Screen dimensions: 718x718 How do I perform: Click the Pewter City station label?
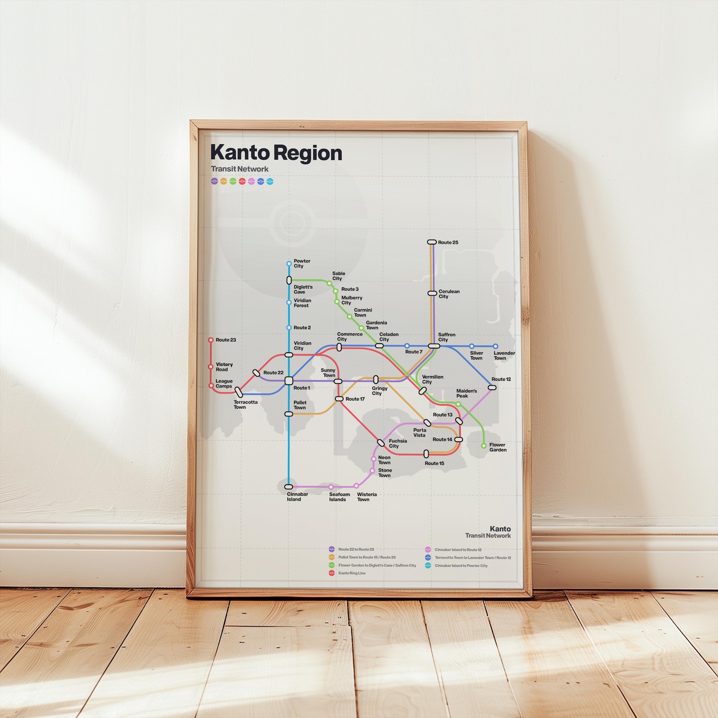[x=302, y=264]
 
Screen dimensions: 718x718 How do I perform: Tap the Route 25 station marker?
[x=432, y=242]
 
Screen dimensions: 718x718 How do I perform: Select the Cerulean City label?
[x=449, y=294]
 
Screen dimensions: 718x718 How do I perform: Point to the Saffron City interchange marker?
[x=434, y=346]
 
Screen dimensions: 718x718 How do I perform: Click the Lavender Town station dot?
[x=496, y=346]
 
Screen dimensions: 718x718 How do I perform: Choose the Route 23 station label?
[x=226, y=340]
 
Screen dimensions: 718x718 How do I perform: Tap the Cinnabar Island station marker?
[x=288, y=487]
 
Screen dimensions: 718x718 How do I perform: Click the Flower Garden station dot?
[x=484, y=446]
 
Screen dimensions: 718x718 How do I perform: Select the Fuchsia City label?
[x=397, y=444]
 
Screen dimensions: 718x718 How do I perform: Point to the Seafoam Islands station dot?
[x=331, y=487]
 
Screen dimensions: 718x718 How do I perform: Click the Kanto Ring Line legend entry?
[x=352, y=573]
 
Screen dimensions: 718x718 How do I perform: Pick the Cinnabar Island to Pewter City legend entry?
[x=461, y=566]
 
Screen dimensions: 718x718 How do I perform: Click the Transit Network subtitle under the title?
[x=240, y=169]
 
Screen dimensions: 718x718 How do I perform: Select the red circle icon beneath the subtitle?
[x=242, y=181]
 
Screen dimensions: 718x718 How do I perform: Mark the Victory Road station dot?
[x=211, y=367]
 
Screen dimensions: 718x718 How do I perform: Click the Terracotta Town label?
[x=245, y=405]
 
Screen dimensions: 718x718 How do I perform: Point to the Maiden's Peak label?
[x=466, y=393]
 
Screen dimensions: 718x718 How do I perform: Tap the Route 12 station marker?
[x=492, y=387]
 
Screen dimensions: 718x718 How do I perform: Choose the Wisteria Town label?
[x=366, y=497]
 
